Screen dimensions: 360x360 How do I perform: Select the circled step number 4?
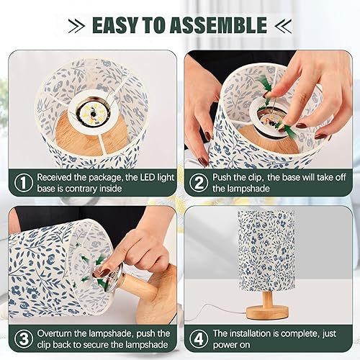click(x=197, y=340)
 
